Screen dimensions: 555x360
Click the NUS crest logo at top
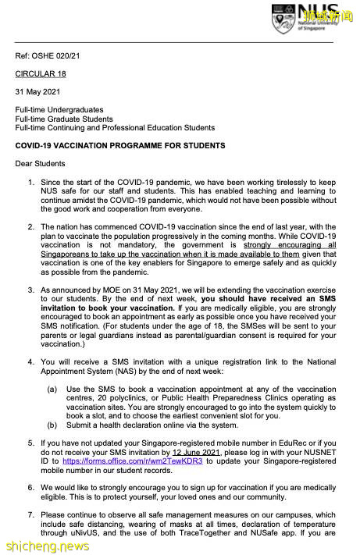tap(283, 18)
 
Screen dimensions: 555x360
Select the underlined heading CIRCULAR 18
tap(40, 74)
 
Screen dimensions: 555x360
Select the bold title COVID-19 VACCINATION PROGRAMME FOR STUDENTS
tap(120, 146)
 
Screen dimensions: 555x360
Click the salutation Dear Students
tap(41, 164)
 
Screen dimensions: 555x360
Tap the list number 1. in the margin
tap(31, 182)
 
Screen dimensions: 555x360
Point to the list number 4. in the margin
tap(31, 362)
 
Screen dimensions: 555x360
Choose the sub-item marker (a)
tap(52, 389)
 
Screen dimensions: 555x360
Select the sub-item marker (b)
tap(52, 425)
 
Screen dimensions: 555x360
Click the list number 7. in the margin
tap(31, 515)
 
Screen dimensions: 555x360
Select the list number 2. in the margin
tap(31, 226)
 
